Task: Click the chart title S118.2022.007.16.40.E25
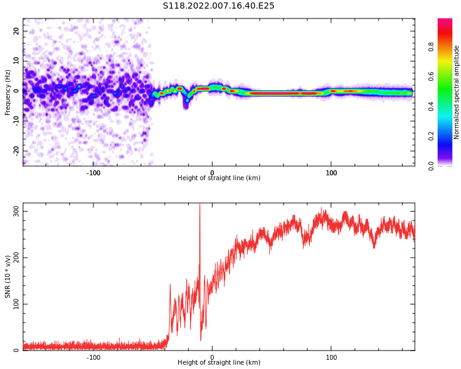[218, 6]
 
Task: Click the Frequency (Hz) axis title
[8, 92]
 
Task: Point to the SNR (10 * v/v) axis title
[8, 277]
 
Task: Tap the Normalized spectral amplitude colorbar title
[457, 92]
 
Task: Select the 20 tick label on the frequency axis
[17, 31]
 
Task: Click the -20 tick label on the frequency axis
[15, 150]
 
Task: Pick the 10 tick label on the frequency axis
[17, 61]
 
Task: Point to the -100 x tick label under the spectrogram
[93, 173]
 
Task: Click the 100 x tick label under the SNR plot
[331, 357]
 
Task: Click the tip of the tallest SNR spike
[200, 205]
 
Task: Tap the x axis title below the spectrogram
[219, 178]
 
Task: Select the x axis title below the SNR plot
[219, 363]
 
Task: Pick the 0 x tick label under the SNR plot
[212, 357]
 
